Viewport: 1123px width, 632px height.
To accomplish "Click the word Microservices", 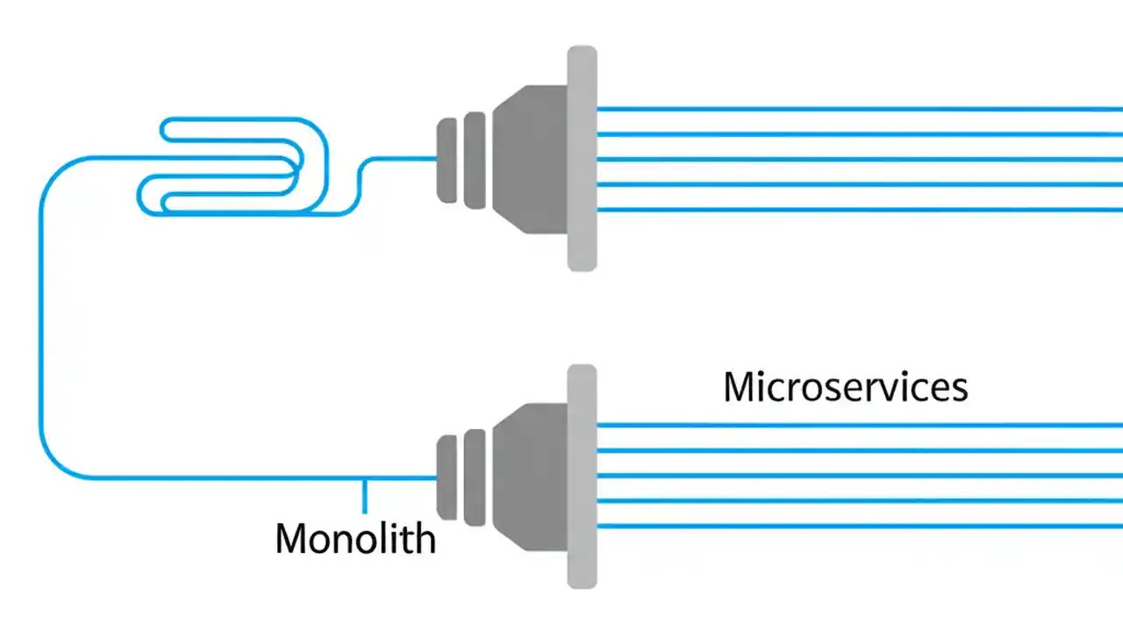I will point(845,387).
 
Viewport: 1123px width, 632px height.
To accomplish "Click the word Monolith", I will point(355,537).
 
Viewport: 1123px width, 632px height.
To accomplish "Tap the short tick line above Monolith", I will point(364,496).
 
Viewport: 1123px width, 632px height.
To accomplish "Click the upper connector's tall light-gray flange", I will point(582,158).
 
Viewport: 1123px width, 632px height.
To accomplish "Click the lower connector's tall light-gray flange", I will point(582,477).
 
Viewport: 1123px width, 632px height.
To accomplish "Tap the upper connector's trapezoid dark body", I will point(531,159).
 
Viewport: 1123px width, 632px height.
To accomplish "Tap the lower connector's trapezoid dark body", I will point(531,477).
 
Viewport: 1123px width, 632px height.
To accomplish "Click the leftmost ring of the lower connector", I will point(447,478).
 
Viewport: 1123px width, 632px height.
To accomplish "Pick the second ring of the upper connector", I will point(475,160).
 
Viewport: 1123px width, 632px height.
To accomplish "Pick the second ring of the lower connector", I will point(475,478).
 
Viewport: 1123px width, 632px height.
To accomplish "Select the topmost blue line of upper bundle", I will point(860,109).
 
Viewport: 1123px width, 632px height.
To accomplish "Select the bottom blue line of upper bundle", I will point(860,210).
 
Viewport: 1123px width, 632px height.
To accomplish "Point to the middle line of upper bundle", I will point(860,160).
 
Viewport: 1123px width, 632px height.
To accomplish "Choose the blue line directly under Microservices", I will point(860,426).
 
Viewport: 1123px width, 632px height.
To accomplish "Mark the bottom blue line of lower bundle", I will point(860,527).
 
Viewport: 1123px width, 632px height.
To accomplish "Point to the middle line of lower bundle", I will point(860,477).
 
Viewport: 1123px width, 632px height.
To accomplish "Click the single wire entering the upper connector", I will point(404,159).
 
